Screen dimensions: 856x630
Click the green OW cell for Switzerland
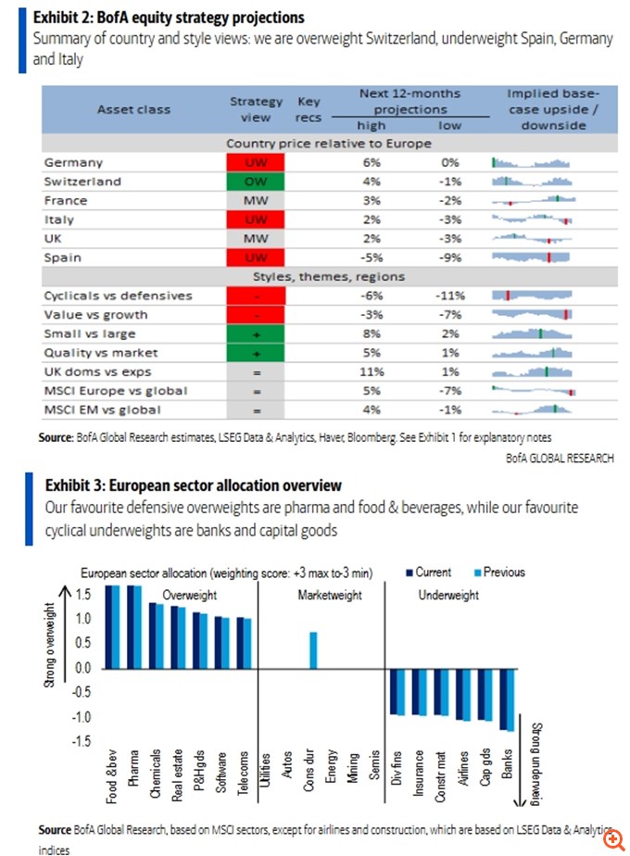256,182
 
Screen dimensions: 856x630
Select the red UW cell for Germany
256,162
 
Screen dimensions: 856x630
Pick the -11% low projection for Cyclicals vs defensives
450,296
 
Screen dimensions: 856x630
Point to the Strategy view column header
256,108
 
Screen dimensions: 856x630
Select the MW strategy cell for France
256,200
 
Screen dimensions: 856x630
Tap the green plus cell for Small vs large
256,334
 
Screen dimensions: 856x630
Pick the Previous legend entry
499,573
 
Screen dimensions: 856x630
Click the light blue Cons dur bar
314,650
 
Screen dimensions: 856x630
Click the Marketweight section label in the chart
330,596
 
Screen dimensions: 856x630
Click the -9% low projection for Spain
450,258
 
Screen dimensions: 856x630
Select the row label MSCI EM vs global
102,409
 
